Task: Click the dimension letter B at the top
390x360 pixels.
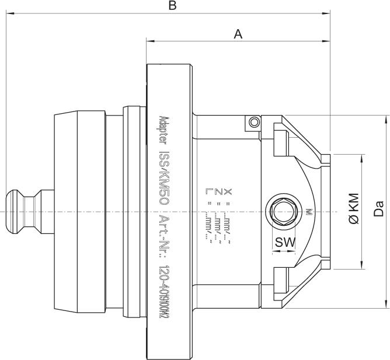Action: (x=172, y=6)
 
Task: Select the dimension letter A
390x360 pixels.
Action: (x=238, y=34)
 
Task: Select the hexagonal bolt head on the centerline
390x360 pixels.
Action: (x=283, y=211)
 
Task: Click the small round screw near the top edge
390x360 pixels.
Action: (x=252, y=122)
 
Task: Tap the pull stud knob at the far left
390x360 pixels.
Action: (x=18, y=211)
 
